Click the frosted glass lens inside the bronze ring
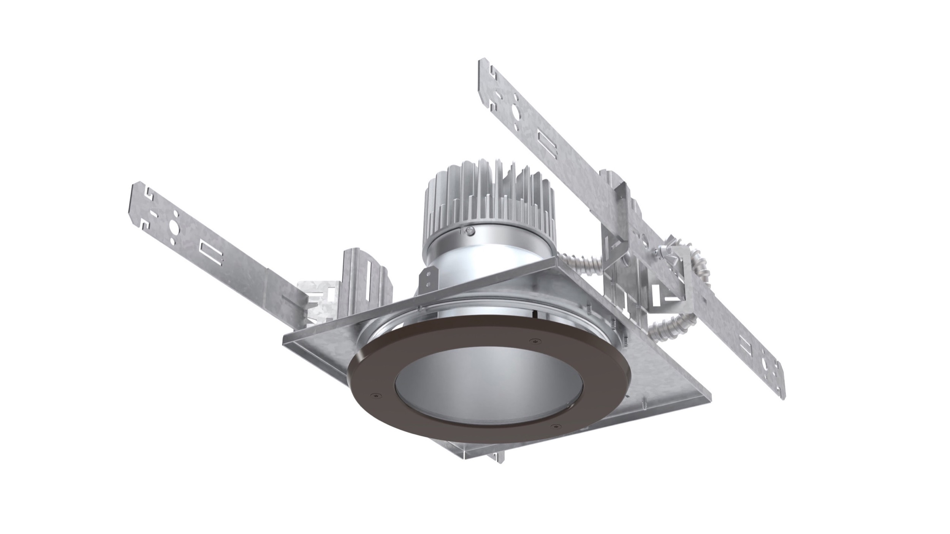[x=483, y=384]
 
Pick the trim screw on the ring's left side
[x=375, y=406]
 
